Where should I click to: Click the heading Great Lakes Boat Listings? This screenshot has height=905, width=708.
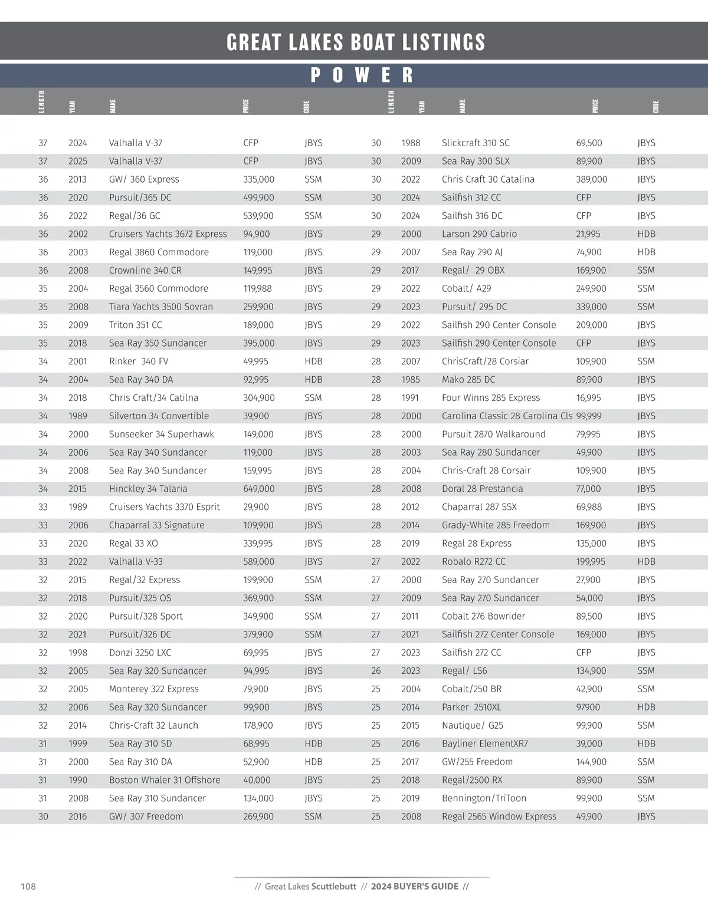click(356, 42)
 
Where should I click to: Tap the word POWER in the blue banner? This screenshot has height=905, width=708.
click(362, 75)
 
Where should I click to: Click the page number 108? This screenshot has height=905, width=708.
click(28, 886)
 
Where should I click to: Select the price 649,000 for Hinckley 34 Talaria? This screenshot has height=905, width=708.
click(258, 489)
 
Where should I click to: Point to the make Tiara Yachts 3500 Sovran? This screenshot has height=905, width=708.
click(160, 307)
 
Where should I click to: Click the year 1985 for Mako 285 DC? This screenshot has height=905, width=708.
click(411, 380)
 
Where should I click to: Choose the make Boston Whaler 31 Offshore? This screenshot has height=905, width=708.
click(164, 780)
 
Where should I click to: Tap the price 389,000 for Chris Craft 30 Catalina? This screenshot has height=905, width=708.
click(591, 179)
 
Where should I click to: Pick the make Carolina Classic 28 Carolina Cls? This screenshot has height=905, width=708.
click(507, 416)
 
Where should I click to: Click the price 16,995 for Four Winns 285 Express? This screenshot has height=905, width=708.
click(588, 398)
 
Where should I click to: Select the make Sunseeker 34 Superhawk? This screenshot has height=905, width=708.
click(161, 435)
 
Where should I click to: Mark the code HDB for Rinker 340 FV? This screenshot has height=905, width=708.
click(313, 361)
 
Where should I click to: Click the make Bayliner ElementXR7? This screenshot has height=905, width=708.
click(484, 743)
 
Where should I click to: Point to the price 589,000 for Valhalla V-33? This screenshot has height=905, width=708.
click(258, 562)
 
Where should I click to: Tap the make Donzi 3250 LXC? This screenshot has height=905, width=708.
click(140, 653)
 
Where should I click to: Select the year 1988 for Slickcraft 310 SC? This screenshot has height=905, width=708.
click(411, 143)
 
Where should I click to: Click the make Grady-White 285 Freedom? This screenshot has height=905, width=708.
click(496, 525)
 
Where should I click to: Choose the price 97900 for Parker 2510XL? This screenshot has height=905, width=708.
click(588, 707)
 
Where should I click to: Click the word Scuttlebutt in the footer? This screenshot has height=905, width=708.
click(334, 886)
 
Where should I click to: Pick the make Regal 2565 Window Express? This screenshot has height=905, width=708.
click(499, 817)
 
